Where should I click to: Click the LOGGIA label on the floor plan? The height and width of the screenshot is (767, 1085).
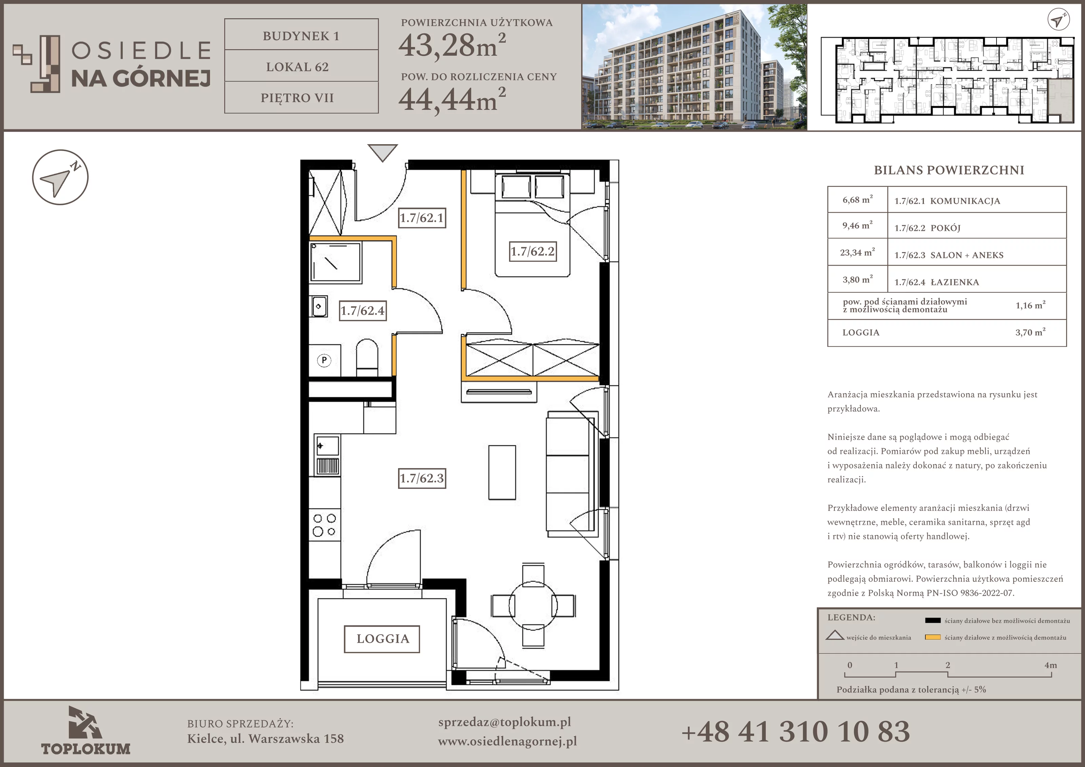(x=382, y=639)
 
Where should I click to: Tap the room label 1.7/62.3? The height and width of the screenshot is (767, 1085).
(x=422, y=478)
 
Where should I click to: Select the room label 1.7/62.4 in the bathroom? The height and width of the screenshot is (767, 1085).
(x=363, y=311)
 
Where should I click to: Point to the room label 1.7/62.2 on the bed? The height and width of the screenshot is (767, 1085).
(x=533, y=251)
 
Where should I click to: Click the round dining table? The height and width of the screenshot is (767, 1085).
(x=533, y=605)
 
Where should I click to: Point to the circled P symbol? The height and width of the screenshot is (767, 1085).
(x=324, y=360)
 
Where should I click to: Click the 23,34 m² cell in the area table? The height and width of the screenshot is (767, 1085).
(x=857, y=252)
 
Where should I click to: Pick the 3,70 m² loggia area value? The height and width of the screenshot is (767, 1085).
(x=1030, y=332)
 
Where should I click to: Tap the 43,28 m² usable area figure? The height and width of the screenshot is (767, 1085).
(x=452, y=46)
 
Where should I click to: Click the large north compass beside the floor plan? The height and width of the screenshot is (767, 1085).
(x=60, y=177)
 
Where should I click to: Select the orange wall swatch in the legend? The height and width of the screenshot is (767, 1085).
(x=932, y=637)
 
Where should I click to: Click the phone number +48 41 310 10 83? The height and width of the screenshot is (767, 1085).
(x=796, y=731)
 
